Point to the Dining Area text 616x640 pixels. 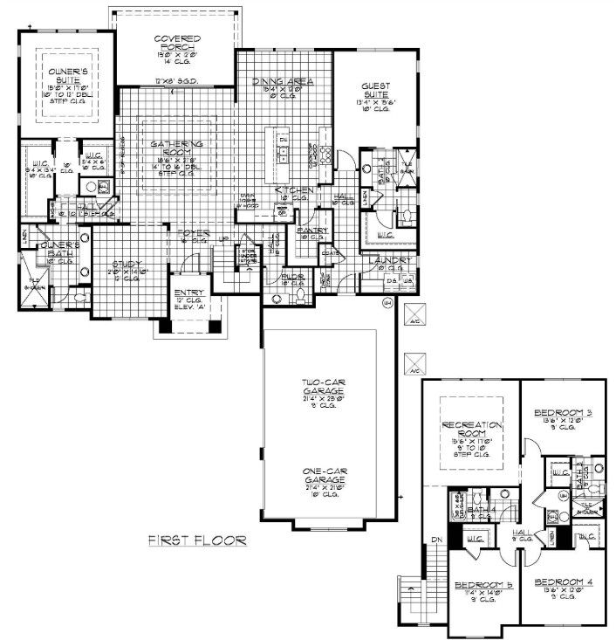tap(283, 81)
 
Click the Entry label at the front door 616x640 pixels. tap(188, 293)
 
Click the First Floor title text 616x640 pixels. tap(196, 540)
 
